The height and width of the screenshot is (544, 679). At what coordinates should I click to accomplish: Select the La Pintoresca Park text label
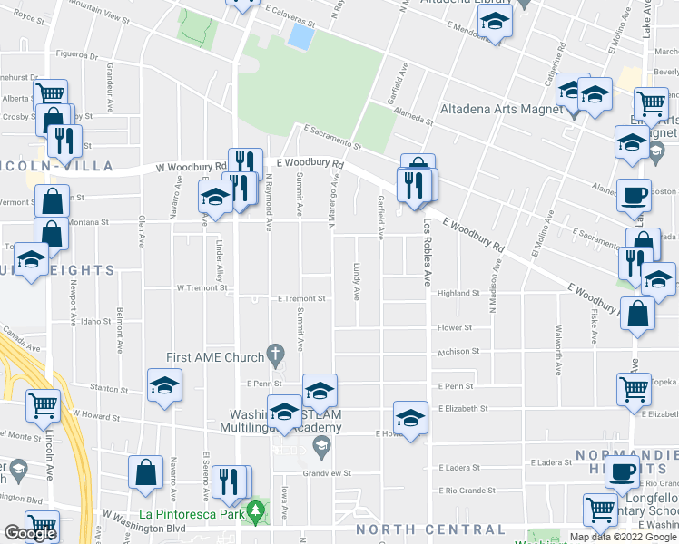191,514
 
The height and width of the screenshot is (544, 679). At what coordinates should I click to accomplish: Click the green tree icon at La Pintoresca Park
257,513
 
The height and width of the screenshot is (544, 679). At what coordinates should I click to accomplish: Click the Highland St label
458,294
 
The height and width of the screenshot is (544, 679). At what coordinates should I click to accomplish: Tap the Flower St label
455,327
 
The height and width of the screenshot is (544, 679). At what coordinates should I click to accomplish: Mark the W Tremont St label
201,287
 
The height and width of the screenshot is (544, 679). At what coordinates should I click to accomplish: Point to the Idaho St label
94,321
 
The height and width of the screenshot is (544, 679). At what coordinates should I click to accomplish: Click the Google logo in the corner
30,533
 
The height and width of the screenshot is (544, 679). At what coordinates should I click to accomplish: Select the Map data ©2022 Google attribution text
623,537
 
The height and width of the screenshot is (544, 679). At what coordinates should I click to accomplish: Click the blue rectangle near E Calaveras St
300,36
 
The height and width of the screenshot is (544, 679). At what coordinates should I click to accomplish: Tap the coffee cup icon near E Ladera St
623,471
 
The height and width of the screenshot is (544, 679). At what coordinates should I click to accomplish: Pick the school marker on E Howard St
410,418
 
